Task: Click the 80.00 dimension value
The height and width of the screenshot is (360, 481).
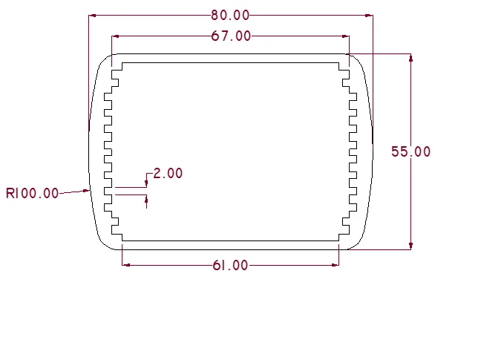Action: pyautogui.click(x=230, y=16)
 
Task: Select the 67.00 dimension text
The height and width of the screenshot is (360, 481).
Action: pyautogui.click(x=232, y=36)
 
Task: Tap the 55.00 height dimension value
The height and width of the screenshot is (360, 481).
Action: pyautogui.click(x=410, y=151)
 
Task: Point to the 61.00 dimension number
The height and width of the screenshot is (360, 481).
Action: pyautogui.click(x=230, y=265)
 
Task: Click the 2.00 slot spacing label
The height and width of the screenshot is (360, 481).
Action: pyautogui.click(x=168, y=173)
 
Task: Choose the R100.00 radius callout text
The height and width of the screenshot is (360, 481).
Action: pyautogui.click(x=32, y=193)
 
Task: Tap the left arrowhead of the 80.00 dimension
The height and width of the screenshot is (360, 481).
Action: pyautogui.click(x=92, y=16)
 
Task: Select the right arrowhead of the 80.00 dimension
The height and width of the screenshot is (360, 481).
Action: pyautogui.click(x=369, y=16)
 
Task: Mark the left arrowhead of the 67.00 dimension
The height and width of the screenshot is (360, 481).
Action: pyautogui.click(x=115, y=36)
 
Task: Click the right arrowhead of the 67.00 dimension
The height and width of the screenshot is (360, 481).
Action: pyautogui.click(x=345, y=36)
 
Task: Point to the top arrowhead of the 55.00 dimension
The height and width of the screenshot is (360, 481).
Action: pyautogui.click(x=410, y=58)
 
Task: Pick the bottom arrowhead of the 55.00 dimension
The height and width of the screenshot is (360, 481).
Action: pyautogui.click(x=410, y=246)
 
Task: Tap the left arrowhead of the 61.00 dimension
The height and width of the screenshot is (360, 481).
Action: pyautogui.click(x=125, y=265)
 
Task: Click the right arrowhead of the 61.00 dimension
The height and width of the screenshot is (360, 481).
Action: pyautogui.click(x=336, y=265)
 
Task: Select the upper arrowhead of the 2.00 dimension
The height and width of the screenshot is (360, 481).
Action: pyautogui.click(x=146, y=183)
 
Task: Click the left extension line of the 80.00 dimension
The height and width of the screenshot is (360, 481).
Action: pyautogui.click(x=88, y=73)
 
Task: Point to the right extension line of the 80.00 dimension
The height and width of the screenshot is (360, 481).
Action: pyautogui.click(x=373, y=79)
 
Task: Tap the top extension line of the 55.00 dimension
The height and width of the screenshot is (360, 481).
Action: pyautogui.click(x=379, y=54)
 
